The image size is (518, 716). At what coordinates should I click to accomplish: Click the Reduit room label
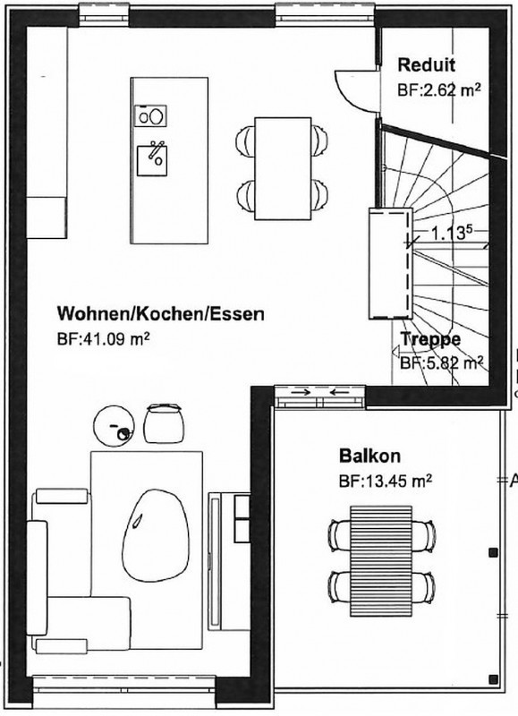click(426, 64)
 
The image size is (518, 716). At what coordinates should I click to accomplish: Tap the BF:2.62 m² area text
click(439, 89)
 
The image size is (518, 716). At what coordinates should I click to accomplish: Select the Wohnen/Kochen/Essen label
click(161, 314)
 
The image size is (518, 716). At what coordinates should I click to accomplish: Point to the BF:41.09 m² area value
click(104, 339)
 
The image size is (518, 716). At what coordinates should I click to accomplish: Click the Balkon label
click(369, 456)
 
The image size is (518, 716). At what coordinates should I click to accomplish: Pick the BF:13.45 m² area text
click(386, 481)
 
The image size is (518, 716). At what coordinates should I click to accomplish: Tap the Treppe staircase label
click(430, 339)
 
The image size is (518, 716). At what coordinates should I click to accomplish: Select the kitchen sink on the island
click(152, 160)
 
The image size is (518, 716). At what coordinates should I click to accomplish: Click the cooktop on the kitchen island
click(150, 115)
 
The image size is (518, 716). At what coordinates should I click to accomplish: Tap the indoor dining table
click(283, 168)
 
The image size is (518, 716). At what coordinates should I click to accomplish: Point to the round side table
click(114, 426)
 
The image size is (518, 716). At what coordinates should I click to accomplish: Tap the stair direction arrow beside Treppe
click(395, 351)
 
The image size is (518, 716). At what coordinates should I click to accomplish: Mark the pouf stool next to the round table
click(164, 423)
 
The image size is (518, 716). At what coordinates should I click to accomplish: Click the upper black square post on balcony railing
click(493, 552)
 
